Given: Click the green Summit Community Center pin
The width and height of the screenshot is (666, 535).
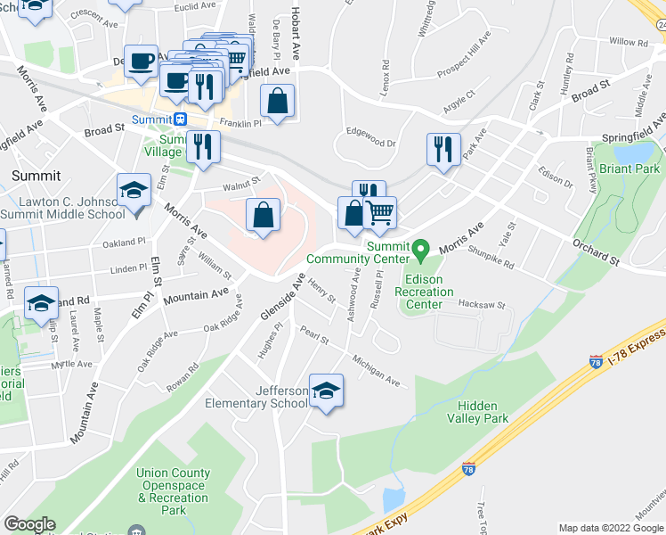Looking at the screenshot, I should click(423, 247).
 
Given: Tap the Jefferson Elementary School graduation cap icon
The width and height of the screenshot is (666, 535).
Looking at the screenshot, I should click(326, 390).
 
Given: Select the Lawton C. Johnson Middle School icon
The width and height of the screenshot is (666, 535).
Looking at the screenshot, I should click(134, 191).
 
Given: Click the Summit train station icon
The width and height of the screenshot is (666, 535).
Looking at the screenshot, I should click(181, 119).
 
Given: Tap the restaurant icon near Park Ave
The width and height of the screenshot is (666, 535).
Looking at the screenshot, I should click(443, 149).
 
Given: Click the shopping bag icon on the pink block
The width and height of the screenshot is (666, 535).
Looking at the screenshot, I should click(264, 215).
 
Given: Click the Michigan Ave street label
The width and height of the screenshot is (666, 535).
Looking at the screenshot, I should click(377, 371).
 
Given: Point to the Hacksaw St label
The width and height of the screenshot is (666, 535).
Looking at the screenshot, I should click(482, 304).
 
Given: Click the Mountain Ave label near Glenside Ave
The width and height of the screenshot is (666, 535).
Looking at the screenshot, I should click(196, 295).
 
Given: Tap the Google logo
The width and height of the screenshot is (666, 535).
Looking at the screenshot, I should click(29, 524).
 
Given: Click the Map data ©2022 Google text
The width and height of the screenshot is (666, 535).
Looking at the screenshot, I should click(610, 528).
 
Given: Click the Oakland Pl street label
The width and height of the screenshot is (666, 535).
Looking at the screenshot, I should click(123, 242).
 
